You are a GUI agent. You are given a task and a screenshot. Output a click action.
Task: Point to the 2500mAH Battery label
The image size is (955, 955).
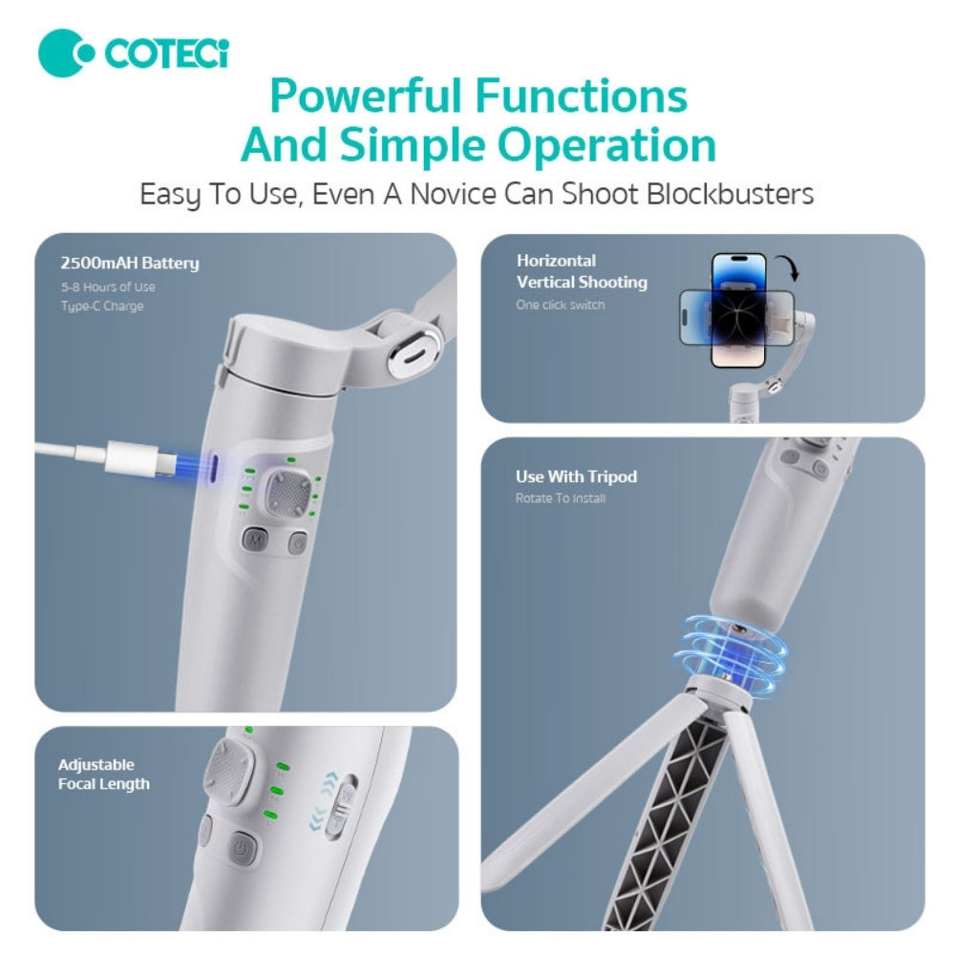tap(129, 264)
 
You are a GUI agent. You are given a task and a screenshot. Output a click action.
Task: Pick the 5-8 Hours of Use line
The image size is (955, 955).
tap(107, 286)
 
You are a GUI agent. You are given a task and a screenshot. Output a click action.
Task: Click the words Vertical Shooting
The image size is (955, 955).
tap(582, 282)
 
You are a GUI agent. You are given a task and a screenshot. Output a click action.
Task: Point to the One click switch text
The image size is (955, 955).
tap(561, 305)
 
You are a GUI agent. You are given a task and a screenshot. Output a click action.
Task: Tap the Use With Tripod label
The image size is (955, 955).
tap(576, 477)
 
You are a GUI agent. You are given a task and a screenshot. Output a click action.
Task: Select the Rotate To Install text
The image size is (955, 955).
tap(561, 499)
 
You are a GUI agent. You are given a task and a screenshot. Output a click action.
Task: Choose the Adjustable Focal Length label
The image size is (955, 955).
tap(103, 775)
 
